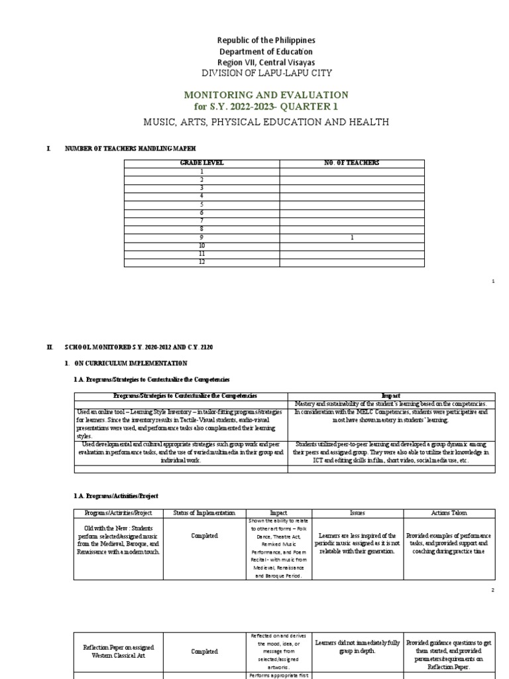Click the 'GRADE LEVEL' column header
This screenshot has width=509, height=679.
point(201,163)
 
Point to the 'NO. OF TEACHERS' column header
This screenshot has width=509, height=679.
point(356,163)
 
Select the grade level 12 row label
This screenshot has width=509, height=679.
point(201,263)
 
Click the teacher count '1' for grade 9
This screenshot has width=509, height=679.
point(356,237)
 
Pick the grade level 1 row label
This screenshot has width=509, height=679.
point(201,172)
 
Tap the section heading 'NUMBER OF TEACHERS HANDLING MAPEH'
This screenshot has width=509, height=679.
point(130,148)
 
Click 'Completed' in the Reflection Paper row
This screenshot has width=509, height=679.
point(204,652)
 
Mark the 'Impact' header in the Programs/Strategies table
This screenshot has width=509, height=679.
point(392,396)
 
